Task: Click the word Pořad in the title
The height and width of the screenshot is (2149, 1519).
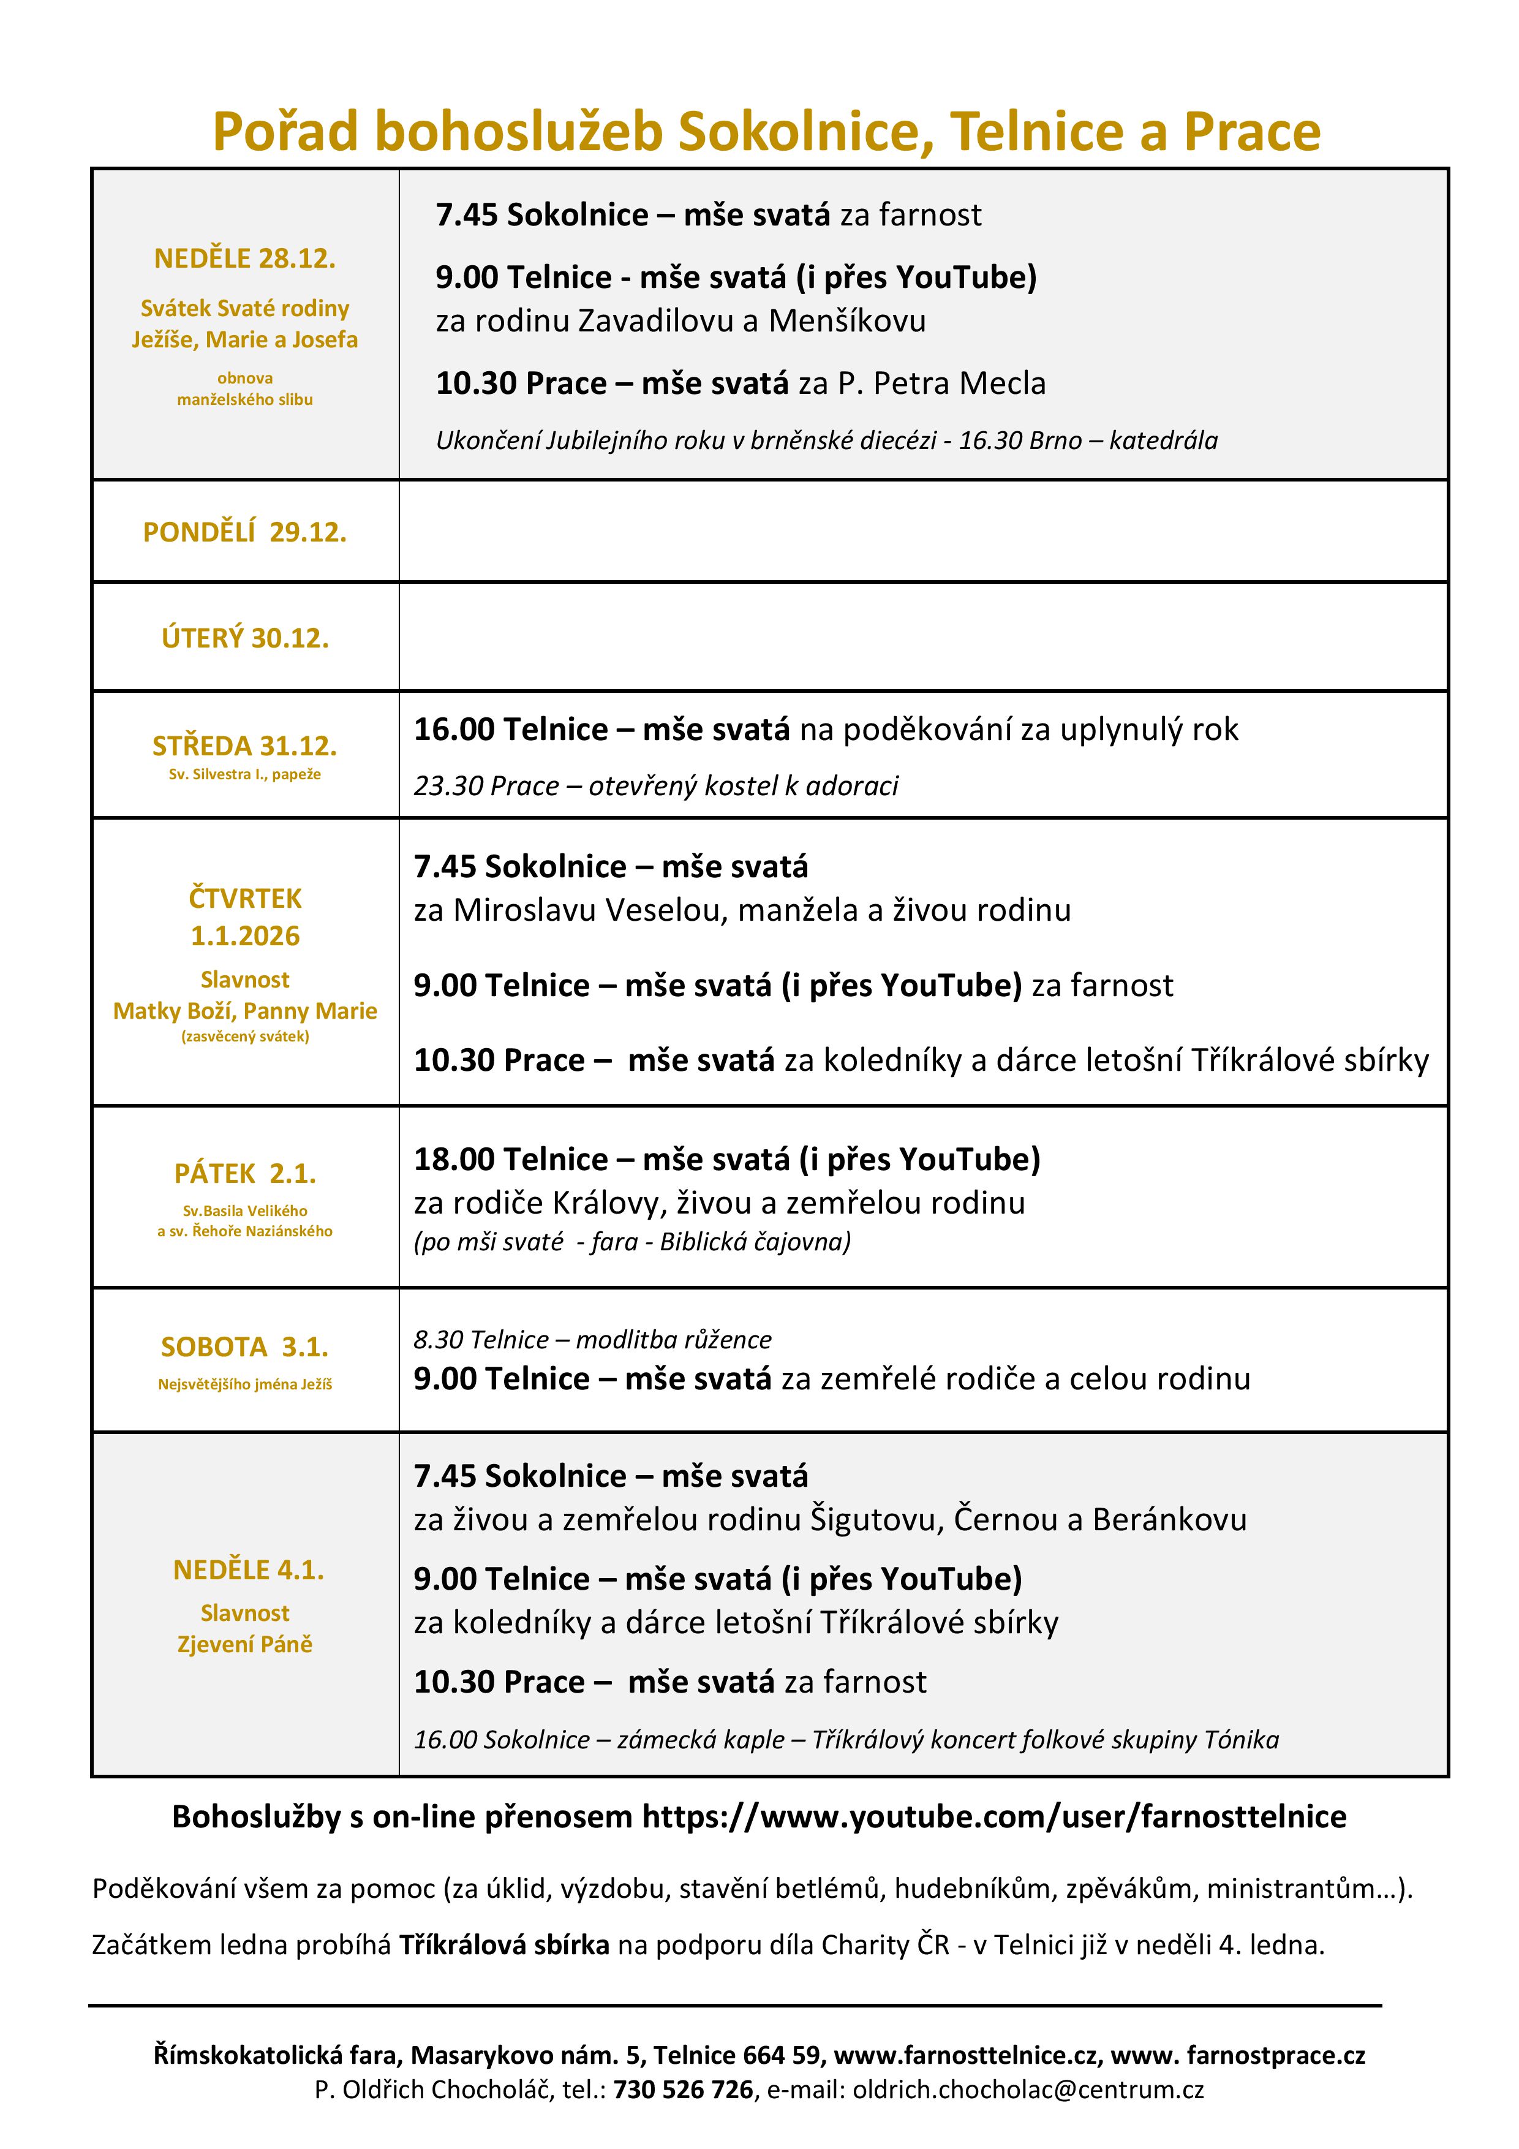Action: point(285,131)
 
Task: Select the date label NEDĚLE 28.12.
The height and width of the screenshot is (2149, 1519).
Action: point(244,259)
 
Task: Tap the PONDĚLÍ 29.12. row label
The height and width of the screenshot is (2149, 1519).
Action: point(244,532)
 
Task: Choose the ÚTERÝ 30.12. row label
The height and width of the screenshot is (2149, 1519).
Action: point(244,638)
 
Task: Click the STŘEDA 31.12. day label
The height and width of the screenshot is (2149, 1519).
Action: point(244,746)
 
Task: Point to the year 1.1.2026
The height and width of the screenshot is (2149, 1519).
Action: point(244,936)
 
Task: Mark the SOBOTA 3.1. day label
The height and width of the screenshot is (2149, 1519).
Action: point(244,1347)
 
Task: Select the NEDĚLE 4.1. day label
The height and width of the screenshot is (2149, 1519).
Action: point(248,1569)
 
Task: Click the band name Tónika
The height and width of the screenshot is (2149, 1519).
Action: point(1241,1740)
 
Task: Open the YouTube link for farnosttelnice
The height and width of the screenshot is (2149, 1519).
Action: point(993,1817)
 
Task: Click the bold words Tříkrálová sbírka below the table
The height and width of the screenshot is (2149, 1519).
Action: point(505,1945)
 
